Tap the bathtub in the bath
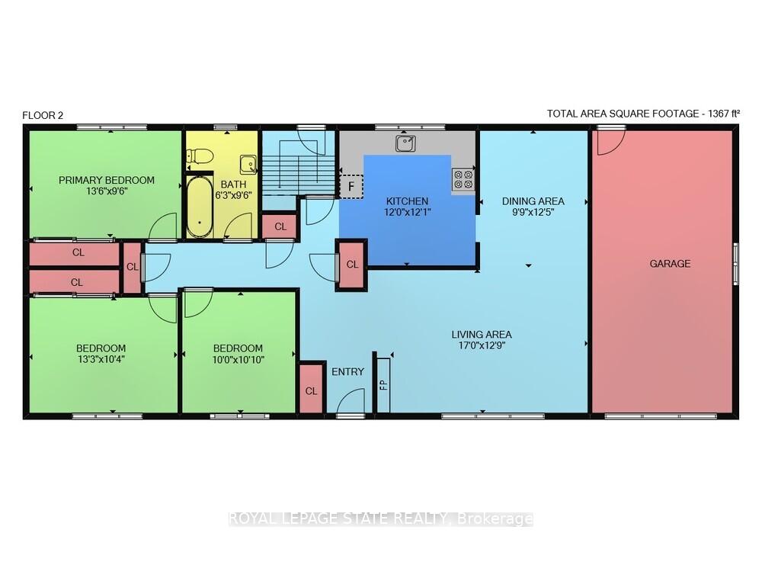click(199, 207)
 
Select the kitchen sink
click(405, 143)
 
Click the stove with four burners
click(463, 179)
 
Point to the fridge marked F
click(351, 186)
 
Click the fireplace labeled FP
click(383, 384)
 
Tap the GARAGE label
click(670, 264)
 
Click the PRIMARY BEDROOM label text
click(107, 181)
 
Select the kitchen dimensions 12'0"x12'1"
click(408, 212)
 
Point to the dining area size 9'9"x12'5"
click(533, 212)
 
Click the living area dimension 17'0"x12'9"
click(482, 345)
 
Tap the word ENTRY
click(347, 372)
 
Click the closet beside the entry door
click(311, 389)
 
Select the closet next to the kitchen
click(352, 265)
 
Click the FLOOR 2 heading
click(43, 115)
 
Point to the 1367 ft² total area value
click(724, 114)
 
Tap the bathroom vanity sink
click(248, 165)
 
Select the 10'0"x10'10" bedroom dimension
click(238, 360)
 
